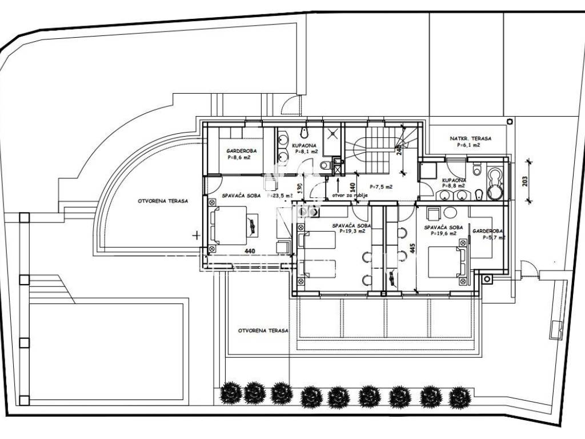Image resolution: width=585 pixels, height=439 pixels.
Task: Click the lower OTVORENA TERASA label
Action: pos(263,331)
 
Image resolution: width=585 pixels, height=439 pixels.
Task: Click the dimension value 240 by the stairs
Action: pos(399,150)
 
